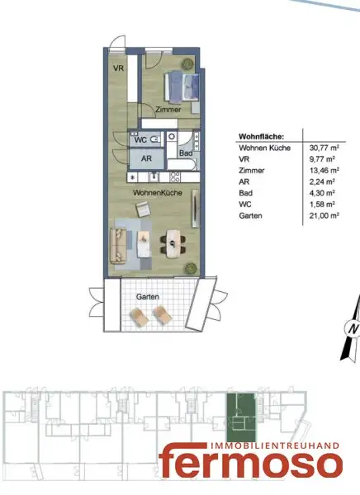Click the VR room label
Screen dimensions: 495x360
118,68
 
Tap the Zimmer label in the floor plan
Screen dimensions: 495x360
167,109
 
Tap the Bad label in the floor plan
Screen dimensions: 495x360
186,153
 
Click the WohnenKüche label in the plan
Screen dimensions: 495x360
158,191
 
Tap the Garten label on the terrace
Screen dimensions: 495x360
149,295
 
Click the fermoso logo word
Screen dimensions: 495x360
251,462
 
